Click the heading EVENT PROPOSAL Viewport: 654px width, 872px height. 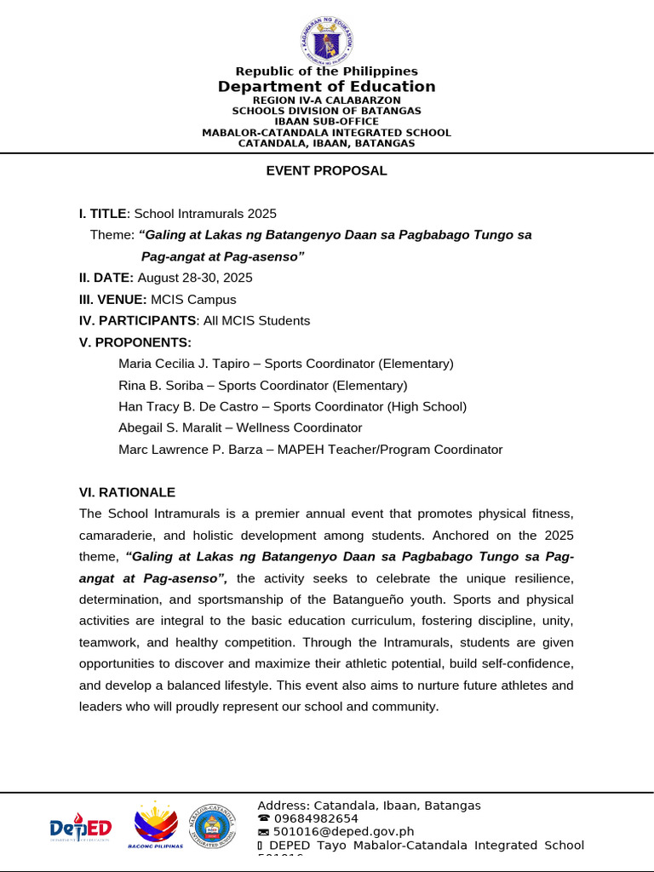[326, 170]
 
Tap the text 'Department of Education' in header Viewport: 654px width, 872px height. [326, 87]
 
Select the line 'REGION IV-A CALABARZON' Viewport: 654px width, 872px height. [326, 100]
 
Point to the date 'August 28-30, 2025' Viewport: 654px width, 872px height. [195, 278]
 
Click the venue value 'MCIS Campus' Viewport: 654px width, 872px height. [193, 300]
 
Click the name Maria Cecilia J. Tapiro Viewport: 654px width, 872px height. [186, 364]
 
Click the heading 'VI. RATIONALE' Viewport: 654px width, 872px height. [127, 492]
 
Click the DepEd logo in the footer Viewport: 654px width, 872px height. [81, 827]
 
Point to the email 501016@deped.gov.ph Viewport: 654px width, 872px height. [343, 832]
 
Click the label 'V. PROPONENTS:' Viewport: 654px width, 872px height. [135, 342]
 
